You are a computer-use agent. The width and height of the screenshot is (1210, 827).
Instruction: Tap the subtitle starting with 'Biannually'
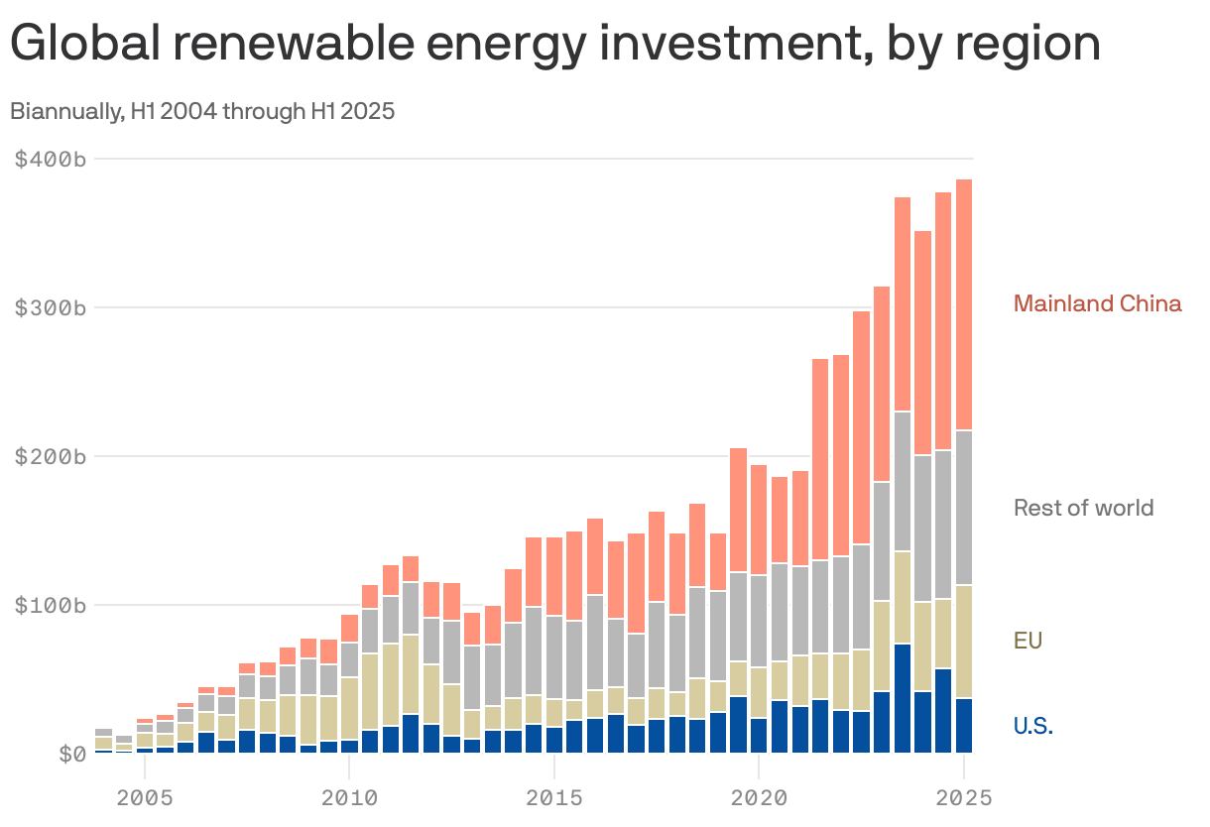coord(202,111)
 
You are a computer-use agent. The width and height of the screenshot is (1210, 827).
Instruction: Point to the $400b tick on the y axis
coord(51,159)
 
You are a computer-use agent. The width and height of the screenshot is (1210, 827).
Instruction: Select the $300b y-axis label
coord(51,307)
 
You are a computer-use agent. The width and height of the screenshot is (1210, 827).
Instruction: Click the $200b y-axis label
coord(51,456)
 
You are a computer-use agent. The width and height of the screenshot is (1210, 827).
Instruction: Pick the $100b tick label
coord(51,605)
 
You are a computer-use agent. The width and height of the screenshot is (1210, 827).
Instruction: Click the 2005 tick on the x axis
coord(145,797)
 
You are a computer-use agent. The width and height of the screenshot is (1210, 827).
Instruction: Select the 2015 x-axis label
coord(553,797)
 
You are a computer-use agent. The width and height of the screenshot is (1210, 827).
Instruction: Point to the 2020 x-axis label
coord(759,797)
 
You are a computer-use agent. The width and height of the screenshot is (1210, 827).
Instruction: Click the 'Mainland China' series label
coord(1097,303)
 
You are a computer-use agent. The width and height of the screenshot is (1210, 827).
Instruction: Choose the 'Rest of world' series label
coord(1083,508)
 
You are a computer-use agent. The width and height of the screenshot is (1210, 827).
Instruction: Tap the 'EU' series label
coord(1028,641)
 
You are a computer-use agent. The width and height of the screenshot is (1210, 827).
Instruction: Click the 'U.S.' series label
coord(1032,726)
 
